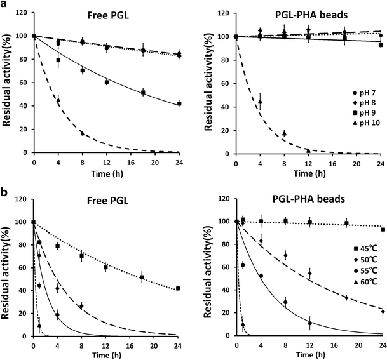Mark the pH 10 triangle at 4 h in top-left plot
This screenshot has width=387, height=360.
[58, 100]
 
